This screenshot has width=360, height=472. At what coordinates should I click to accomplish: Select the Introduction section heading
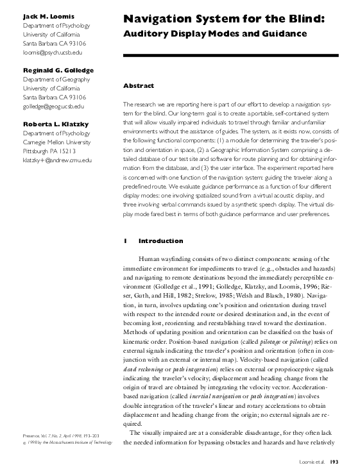point(160,241)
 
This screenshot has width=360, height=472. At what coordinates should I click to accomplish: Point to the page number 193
point(334,460)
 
